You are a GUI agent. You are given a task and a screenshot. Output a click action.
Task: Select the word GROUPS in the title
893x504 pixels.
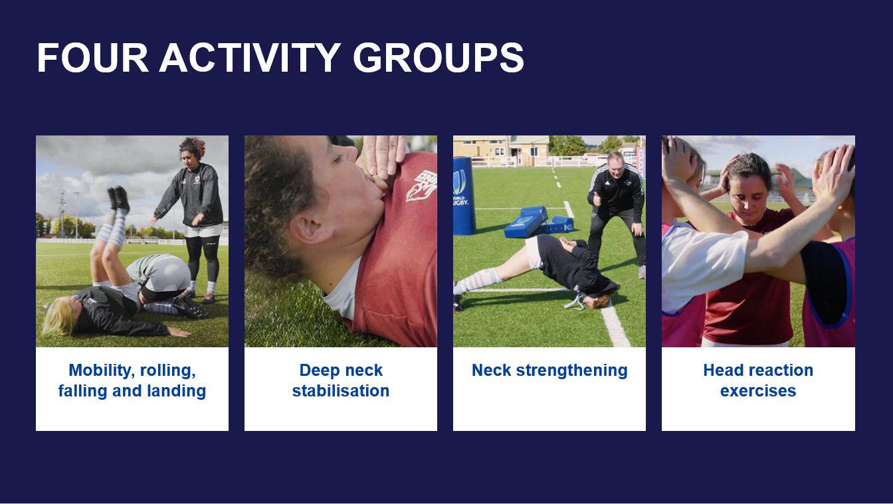tap(438, 58)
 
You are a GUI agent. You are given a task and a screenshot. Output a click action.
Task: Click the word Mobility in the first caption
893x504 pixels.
tap(100, 370)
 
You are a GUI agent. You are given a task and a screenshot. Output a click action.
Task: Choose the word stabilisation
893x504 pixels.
tap(340, 390)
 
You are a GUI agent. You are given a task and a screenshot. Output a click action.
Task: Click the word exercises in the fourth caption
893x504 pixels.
tap(757, 390)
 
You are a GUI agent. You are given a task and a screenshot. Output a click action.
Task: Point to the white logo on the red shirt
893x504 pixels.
tap(419, 185)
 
